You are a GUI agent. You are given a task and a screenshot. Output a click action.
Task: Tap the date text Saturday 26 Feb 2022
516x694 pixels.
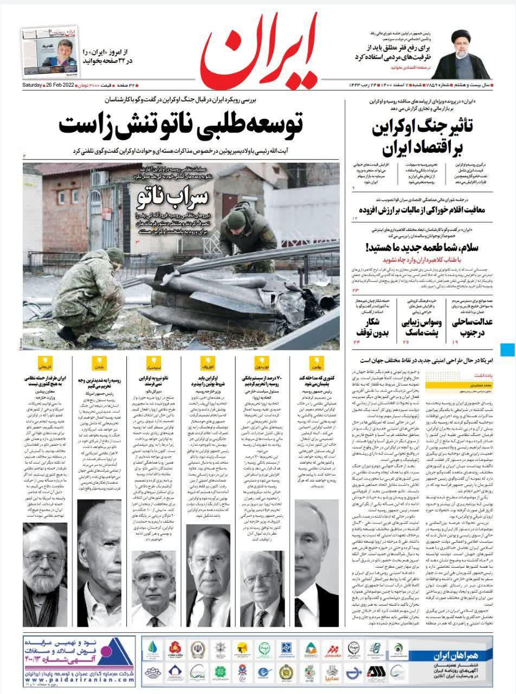(x=49, y=86)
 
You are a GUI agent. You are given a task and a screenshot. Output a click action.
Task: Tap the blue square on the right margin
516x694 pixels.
(x=508, y=350)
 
